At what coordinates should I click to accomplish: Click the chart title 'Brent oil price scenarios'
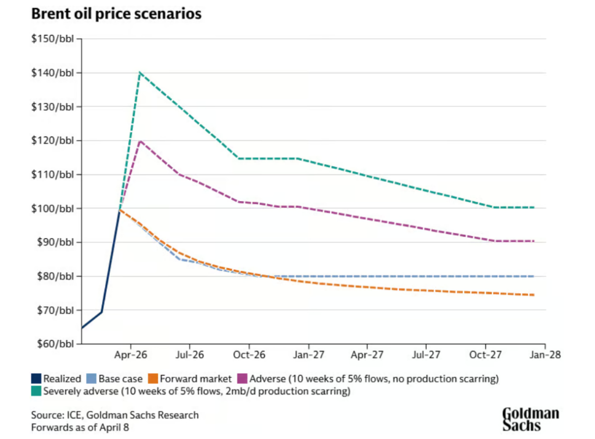(x=116, y=14)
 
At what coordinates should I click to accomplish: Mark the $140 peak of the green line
(x=140, y=73)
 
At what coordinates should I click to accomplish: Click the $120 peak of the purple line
(x=140, y=141)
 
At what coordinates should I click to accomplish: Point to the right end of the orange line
(x=534, y=295)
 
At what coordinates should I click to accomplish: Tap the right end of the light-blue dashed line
(x=534, y=276)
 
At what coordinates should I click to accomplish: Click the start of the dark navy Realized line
(x=82, y=329)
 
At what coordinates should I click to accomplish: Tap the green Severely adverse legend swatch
(x=36, y=391)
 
